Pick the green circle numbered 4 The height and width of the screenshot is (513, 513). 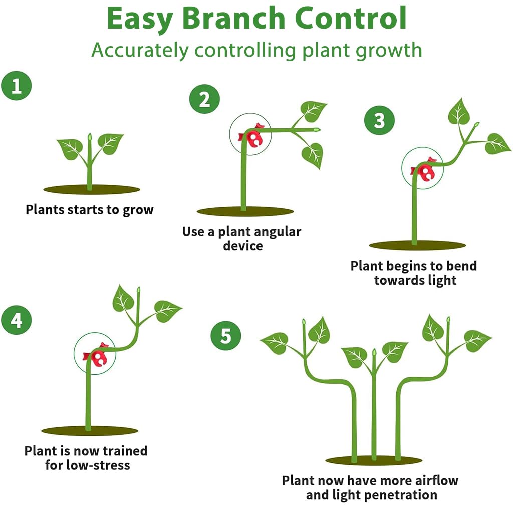(x=16, y=320)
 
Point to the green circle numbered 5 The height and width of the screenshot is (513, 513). (x=225, y=336)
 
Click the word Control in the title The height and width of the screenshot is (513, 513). (x=358, y=19)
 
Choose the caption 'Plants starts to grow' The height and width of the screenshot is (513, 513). (x=89, y=209)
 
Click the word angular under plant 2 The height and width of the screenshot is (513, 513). (x=278, y=232)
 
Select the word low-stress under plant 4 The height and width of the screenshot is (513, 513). (x=98, y=465)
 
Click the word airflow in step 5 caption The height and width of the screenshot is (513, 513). (x=436, y=480)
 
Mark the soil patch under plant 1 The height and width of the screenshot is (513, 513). (x=91, y=190)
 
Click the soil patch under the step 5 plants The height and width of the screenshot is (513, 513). (x=374, y=460)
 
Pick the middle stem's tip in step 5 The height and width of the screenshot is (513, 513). (x=374, y=352)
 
